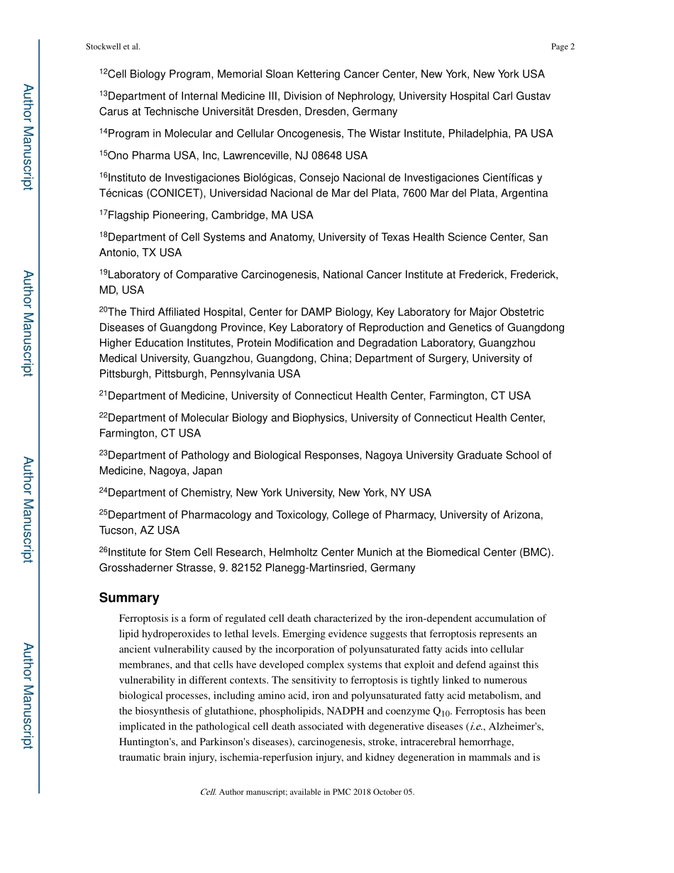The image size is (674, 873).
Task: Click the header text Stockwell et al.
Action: click(x=113, y=47)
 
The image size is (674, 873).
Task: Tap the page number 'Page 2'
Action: click(x=562, y=47)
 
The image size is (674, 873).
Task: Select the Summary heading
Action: click(x=129, y=598)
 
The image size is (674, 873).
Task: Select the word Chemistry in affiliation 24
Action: click(x=206, y=493)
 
